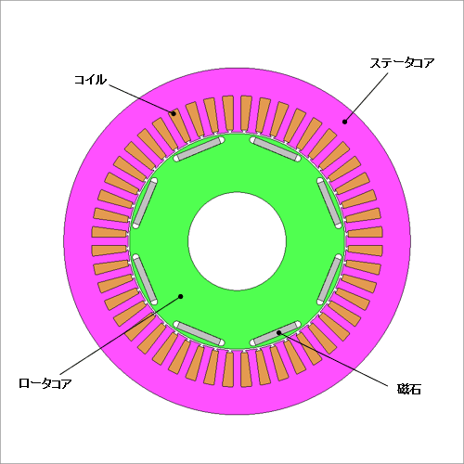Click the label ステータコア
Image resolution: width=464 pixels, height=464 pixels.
point(402,63)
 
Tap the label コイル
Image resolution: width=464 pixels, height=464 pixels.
point(90,80)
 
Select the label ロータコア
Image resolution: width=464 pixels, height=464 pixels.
point(45,383)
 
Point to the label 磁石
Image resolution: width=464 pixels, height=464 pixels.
point(409,389)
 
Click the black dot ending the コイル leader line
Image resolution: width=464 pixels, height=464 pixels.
point(174,113)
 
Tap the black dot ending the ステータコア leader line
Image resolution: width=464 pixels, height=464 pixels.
point(344,122)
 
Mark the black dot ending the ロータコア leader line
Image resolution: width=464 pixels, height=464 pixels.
point(181,296)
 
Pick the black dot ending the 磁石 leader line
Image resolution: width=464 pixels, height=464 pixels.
point(278,332)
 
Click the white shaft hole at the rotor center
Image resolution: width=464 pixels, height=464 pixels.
point(237,241)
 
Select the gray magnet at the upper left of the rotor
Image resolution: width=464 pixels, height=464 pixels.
point(199,149)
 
